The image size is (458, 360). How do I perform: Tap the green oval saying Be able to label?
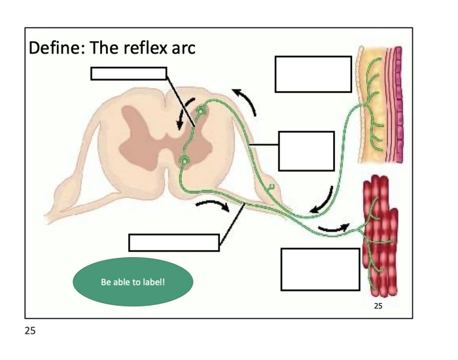[x=132, y=282]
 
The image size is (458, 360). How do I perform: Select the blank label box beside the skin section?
[x=313, y=74]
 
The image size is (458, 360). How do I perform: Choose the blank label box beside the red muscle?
[x=320, y=269]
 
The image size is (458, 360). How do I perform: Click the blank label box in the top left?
[x=128, y=73]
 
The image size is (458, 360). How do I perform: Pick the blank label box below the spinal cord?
[x=173, y=242]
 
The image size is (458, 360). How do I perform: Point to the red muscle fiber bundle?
[x=379, y=236]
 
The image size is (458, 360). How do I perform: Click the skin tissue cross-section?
[x=378, y=105]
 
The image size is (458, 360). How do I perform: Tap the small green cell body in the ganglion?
[x=270, y=189]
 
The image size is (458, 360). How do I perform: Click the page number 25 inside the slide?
[x=379, y=306]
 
